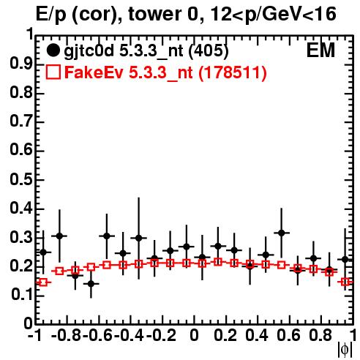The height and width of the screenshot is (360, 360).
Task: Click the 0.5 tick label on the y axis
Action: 21,179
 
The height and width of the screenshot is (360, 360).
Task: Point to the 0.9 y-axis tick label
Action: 21,64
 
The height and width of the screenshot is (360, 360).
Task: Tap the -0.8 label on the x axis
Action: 67,335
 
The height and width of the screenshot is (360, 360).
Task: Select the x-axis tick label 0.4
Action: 257,335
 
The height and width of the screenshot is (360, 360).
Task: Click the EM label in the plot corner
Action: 320,50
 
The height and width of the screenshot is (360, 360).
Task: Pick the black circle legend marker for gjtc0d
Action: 53,50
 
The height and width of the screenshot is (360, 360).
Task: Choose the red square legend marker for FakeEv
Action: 53,72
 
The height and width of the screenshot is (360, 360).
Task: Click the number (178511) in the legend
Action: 233,72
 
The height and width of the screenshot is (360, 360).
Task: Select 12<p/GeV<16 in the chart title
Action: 273,15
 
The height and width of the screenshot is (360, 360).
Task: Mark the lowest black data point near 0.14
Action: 91,284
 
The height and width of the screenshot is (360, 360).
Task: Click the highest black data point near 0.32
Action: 282,233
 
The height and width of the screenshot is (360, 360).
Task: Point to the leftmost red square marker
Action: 43,282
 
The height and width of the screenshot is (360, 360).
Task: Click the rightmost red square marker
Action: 345,282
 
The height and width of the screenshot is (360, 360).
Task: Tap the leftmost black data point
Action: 43,252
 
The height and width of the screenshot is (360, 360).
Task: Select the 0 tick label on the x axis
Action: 194,335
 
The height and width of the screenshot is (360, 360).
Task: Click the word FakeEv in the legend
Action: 94,72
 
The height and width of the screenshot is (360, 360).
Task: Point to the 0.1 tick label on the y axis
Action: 21,295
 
